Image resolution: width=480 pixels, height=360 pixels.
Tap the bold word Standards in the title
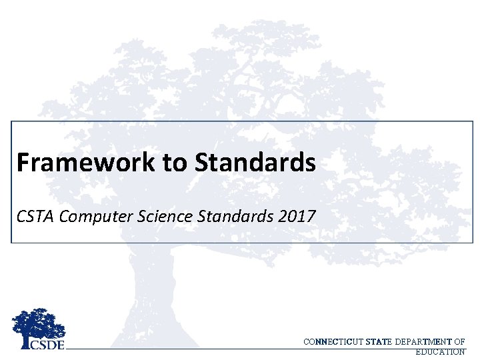(256, 162)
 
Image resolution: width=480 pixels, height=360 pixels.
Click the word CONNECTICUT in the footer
(333, 342)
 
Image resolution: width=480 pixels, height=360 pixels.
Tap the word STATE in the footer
(379, 342)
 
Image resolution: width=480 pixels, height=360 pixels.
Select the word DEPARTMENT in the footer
(423, 342)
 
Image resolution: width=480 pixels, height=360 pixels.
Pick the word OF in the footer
(460, 342)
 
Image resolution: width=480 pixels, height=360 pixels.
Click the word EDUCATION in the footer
(440, 351)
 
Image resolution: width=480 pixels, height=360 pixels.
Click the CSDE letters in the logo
(47, 344)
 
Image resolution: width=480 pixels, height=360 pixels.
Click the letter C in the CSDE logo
(35, 344)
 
